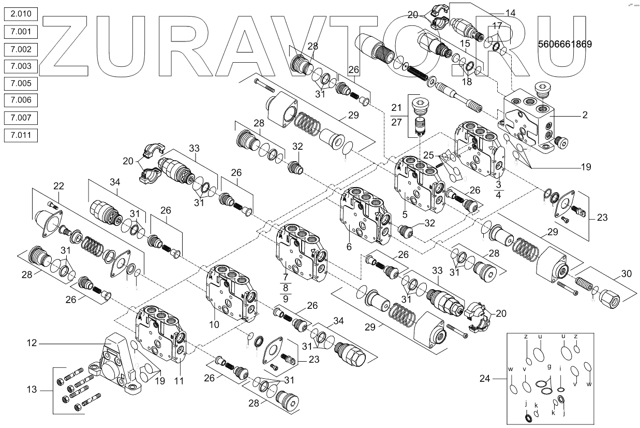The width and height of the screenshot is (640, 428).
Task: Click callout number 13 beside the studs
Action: click(33, 390)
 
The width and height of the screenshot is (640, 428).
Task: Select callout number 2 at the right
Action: click(585, 116)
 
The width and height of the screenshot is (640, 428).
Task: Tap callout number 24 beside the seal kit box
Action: click(485, 378)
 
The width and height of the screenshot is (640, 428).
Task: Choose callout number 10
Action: click(215, 324)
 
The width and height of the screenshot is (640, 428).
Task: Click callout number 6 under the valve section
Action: click(349, 247)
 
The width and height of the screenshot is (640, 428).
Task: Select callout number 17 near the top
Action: click(497, 25)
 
